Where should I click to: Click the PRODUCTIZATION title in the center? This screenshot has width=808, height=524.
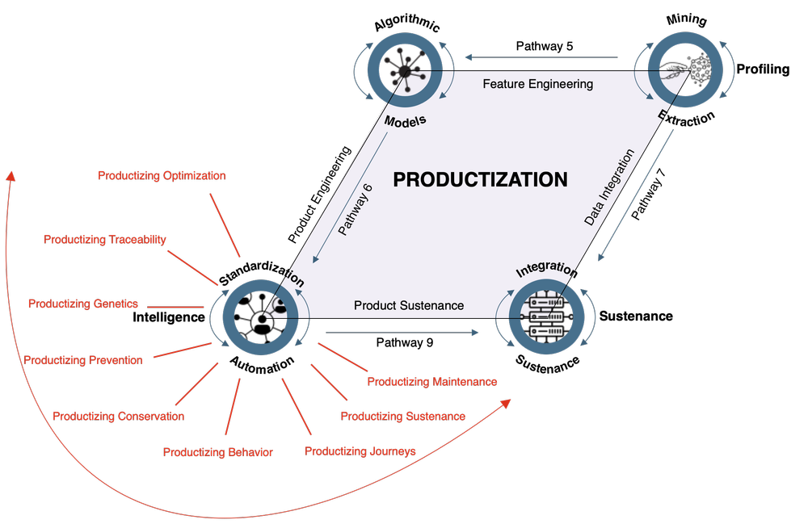(x=480, y=179)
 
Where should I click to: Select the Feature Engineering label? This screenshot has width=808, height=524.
(x=537, y=84)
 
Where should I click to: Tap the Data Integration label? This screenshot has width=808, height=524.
(x=610, y=187)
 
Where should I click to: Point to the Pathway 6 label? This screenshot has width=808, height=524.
(x=356, y=210)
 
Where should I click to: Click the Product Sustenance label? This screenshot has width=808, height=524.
(x=409, y=305)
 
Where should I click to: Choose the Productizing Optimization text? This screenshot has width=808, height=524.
(x=162, y=175)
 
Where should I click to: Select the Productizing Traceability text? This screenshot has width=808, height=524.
(x=105, y=239)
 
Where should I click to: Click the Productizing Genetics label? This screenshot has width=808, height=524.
(x=83, y=304)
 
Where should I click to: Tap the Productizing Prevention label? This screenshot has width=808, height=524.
(x=83, y=360)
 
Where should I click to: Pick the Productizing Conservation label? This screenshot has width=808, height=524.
(x=118, y=417)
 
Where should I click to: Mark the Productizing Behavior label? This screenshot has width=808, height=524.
(x=217, y=452)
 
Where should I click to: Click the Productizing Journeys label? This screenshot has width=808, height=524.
(x=360, y=451)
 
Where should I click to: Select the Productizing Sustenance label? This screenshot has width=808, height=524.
(x=402, y=417)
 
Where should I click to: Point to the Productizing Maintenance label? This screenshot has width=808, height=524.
(x=431, y=381)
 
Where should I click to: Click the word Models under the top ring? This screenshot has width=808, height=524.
(x=405, y=121)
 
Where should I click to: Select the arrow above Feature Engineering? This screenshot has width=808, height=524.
(x=541, y=57)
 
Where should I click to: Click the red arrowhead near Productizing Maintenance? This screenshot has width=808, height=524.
(x=505, y=403)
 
